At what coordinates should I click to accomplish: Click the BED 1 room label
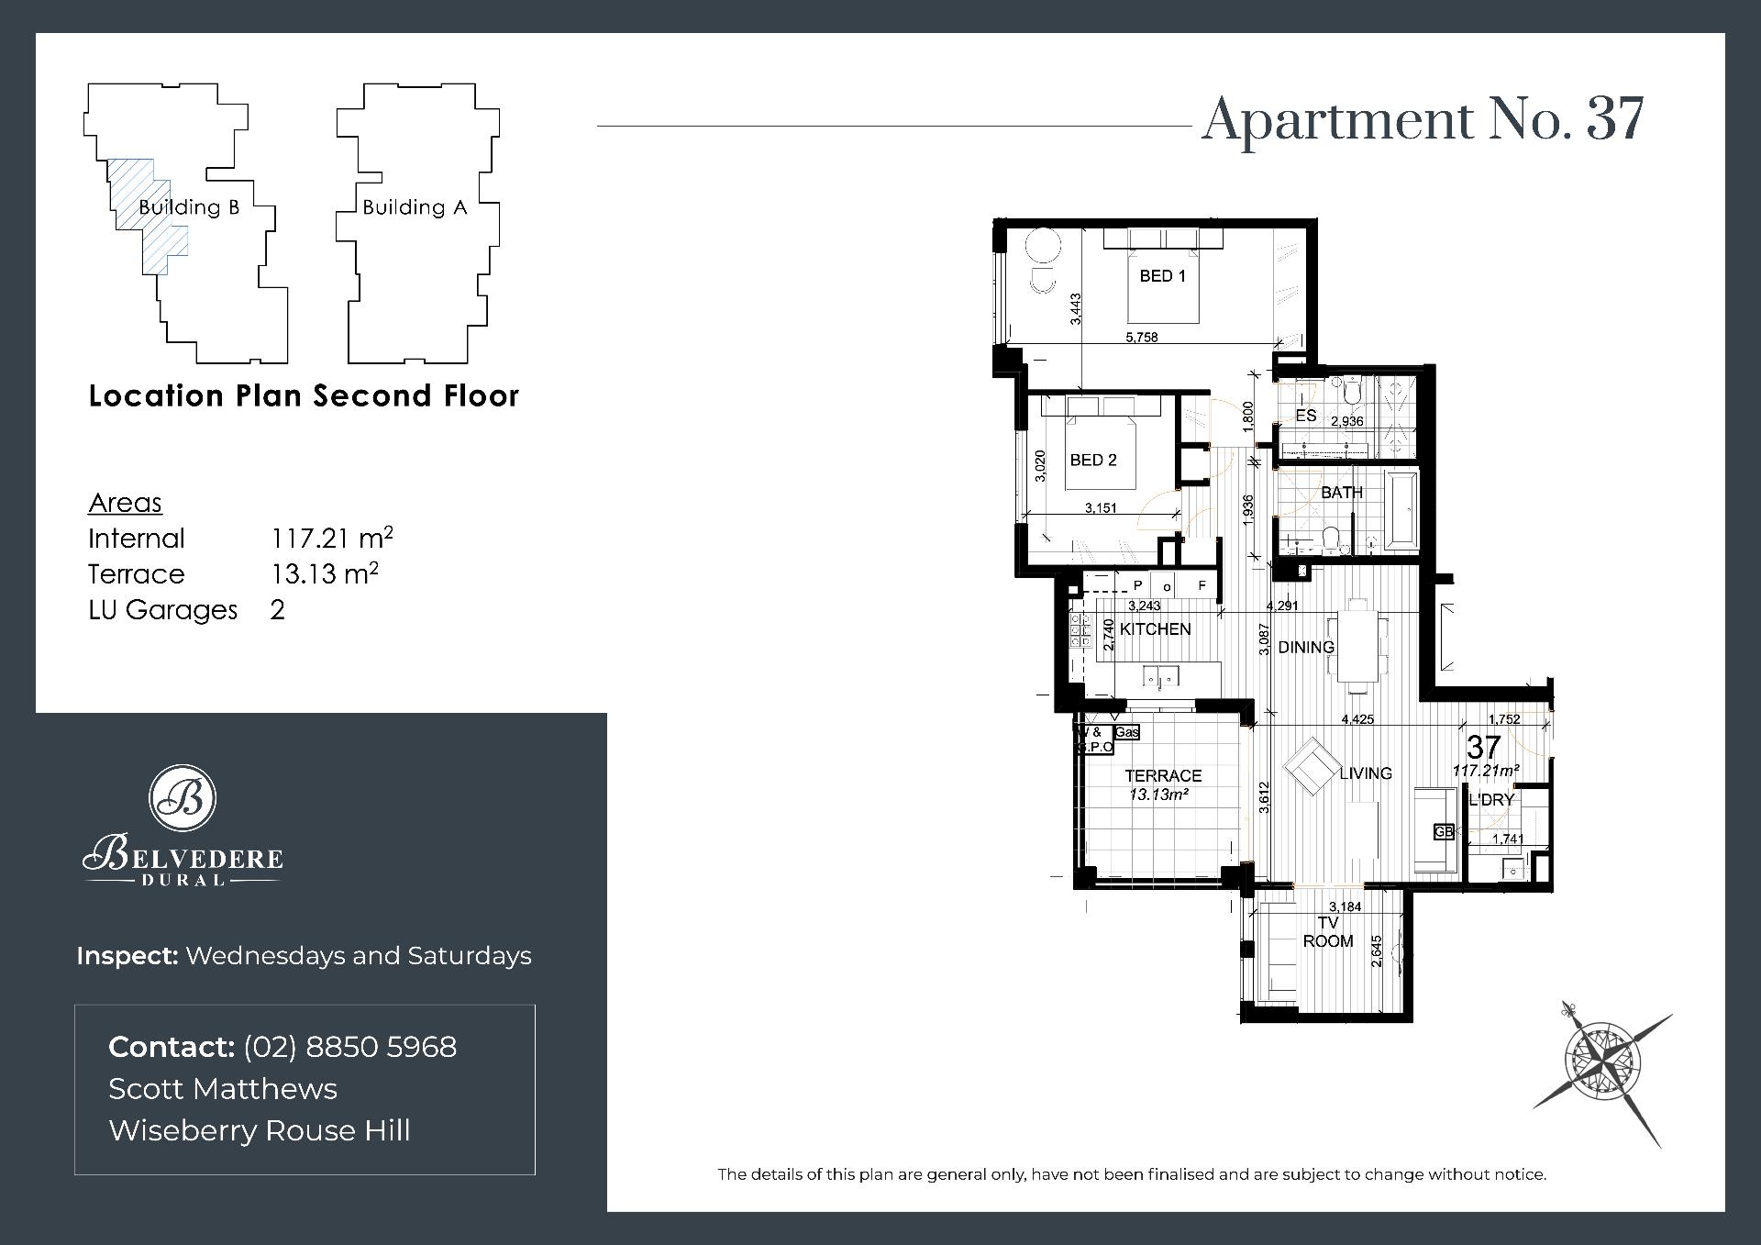point(1162,276)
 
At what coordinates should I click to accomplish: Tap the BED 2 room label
point(1093,461)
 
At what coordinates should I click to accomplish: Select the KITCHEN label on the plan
point(1155,629)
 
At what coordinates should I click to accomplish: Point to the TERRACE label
point(1163,776)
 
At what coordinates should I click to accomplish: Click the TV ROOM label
point(1328,932)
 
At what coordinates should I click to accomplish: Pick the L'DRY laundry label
point(1491,800)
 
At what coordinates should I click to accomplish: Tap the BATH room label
point(1342,493)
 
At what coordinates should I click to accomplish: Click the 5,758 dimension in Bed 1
point(1142,338)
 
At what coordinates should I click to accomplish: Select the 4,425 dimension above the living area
point(1357,719)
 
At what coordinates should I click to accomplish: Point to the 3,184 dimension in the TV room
point(1345,906)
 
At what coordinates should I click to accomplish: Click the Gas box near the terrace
point(1127,732)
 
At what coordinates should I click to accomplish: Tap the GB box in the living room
point(1445,832)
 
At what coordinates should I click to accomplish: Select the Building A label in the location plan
point(415,207)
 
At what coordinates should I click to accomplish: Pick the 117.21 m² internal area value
point(332,538)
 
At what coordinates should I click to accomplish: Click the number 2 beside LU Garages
point(278,610)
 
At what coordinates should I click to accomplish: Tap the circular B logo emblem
point(183,797)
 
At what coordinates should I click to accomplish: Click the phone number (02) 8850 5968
point(349,1047)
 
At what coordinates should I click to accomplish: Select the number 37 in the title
point(1616,120)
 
